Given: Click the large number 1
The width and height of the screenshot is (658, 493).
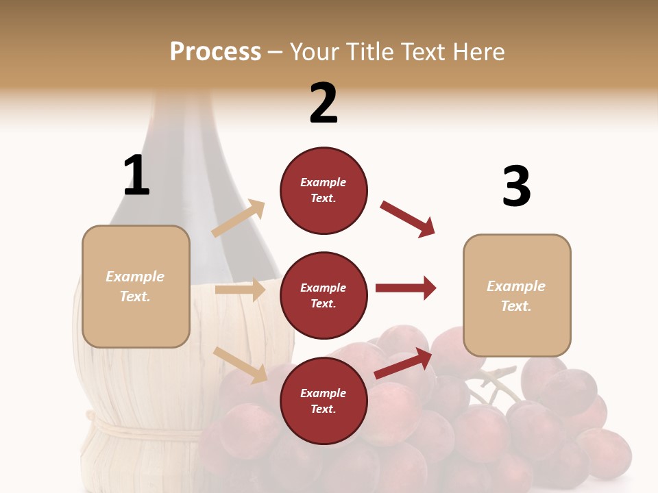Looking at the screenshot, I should (x=136, y=175).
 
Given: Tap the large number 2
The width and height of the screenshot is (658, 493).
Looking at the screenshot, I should (x=324, y=103).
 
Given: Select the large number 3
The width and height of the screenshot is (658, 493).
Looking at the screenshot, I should (x=516, y=187).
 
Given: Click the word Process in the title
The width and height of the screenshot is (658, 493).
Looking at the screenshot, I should (x=215, y=51).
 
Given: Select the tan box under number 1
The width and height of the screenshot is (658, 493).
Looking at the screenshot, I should (x=136, y=286).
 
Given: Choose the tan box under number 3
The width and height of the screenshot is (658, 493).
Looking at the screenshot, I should (x=517, y=296).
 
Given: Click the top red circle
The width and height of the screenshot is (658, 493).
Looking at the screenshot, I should (x=324, y=190).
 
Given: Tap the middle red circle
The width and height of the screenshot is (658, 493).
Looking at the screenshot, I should (x=324, y=296).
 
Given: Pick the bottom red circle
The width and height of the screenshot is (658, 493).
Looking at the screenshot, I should (x=324, y=401).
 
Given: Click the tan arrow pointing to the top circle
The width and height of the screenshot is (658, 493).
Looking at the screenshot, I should (x=238, y=218).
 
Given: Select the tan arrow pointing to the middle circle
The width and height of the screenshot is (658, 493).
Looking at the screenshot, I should (x=240, y=290).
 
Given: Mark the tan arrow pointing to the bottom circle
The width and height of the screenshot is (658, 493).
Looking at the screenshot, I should (x=241, y=365).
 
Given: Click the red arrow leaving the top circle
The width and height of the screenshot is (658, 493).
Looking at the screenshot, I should (x=407, y=218).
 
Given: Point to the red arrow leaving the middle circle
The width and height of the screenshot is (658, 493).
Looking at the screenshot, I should (x=406, y=288).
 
